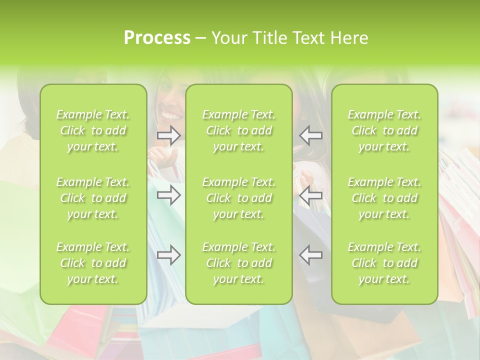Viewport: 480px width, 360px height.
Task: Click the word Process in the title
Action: [x=157, y=37]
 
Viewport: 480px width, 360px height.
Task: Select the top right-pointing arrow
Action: [x=169, y=135]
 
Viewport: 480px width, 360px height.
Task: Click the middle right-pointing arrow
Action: [x=169, y=194]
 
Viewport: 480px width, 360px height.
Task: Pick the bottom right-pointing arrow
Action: [x=169, y=255]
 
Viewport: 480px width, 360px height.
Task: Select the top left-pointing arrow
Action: [x=310, y=135]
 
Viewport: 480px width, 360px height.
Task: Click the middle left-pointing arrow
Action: [x=310, y=194]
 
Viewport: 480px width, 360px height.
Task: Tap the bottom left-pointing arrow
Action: [x=310, y=255]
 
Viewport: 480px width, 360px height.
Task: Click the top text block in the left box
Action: [x=93, y=130]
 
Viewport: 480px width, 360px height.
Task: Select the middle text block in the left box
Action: [x=93, y=198]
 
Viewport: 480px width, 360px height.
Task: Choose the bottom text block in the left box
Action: [x=93, y=263]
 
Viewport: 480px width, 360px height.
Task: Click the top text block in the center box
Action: [x=239, y=130]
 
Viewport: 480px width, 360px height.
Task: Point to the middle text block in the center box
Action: [x=239, y=198]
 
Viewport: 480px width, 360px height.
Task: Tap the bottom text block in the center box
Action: [x=239, y=263]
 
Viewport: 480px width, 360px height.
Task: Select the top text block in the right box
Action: [x=384, y=130]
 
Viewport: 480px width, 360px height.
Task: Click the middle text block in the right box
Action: [x=384, y=198]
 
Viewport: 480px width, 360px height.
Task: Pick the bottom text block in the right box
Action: [x=384, y=263]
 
